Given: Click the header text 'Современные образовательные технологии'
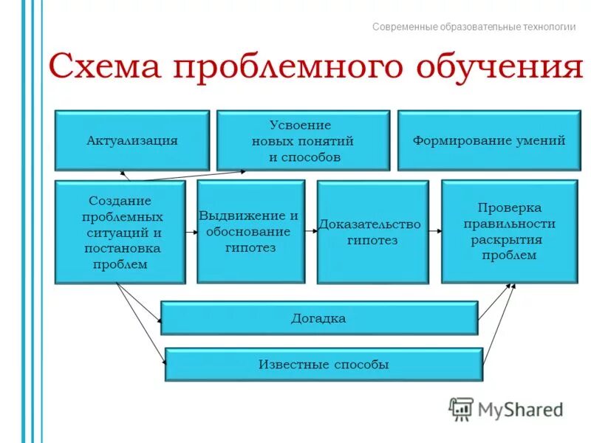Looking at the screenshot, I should point(474,27).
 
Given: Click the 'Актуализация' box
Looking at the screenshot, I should point(132,140).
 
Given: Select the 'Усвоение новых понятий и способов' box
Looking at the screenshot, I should point(302,140).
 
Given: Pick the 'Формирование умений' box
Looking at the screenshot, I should point(488,140).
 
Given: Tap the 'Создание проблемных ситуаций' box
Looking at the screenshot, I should point(120,232).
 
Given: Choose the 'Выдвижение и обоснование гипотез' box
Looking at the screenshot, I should point(250,232).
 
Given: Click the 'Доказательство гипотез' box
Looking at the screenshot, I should point(372,232).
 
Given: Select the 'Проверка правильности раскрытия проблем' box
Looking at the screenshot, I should point(509,231).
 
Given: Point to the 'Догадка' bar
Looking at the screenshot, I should point(318,318).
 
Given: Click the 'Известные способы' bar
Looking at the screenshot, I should point(323,365).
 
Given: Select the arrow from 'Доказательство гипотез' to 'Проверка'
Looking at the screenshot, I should point(435,231).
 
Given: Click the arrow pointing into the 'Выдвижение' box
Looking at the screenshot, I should point(191,231).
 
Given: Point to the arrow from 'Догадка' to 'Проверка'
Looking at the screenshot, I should point(496,302).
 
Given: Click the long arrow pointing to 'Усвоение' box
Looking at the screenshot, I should point(192,176).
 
